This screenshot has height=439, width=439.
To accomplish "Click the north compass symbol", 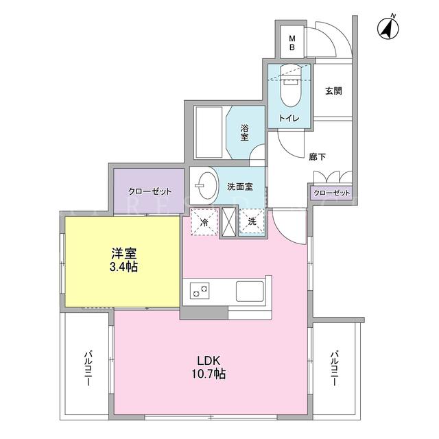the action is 388,27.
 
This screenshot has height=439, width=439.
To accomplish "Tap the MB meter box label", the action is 292,43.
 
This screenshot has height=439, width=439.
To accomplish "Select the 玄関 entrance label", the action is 333,91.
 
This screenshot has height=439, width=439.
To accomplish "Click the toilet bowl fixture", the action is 291,86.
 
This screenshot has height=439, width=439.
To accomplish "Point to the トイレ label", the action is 289,118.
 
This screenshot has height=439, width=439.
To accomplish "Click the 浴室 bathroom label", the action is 244,132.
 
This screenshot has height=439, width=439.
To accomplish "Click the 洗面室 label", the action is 240,187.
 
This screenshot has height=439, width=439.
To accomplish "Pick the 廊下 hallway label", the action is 318,157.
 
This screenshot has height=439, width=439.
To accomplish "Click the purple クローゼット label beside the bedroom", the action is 150,191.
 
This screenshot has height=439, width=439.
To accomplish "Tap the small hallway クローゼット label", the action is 332,193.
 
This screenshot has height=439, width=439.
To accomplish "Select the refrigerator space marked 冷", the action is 204,222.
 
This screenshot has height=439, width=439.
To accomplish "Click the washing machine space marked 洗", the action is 252,222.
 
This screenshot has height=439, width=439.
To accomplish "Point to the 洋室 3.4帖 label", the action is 123,260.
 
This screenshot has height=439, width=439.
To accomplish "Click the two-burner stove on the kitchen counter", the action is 200,291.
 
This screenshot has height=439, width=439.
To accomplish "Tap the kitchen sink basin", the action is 250,291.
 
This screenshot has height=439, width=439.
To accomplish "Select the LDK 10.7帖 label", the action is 209,367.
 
